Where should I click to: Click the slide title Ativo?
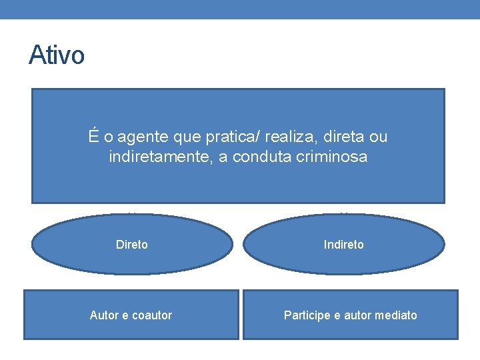pyautogui.click(x=57, y=55)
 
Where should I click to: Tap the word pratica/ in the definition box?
pyautogui.click(x=233, y=137)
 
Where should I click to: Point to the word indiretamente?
pyautogui.click(x=159, y=158)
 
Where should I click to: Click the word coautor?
pyautogui.click(x=151, y=315)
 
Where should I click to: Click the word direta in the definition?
pyautogui.click(x=343, y=137)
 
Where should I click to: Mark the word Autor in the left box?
pyautogui.click(x=104, y=315)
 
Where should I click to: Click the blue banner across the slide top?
pyautogui.click(x=240, y=9)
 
